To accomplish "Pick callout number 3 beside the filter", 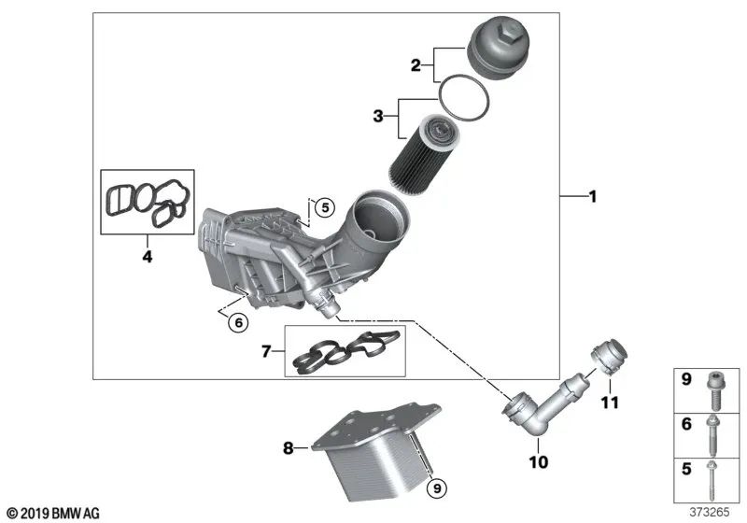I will (x=378, y=116).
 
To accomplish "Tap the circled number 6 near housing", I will (x=238, y=322).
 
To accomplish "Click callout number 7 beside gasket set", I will (x=267, y=351).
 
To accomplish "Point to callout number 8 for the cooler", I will (x=289, y=449).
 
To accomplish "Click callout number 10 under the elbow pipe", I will (x=541, y=461).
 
